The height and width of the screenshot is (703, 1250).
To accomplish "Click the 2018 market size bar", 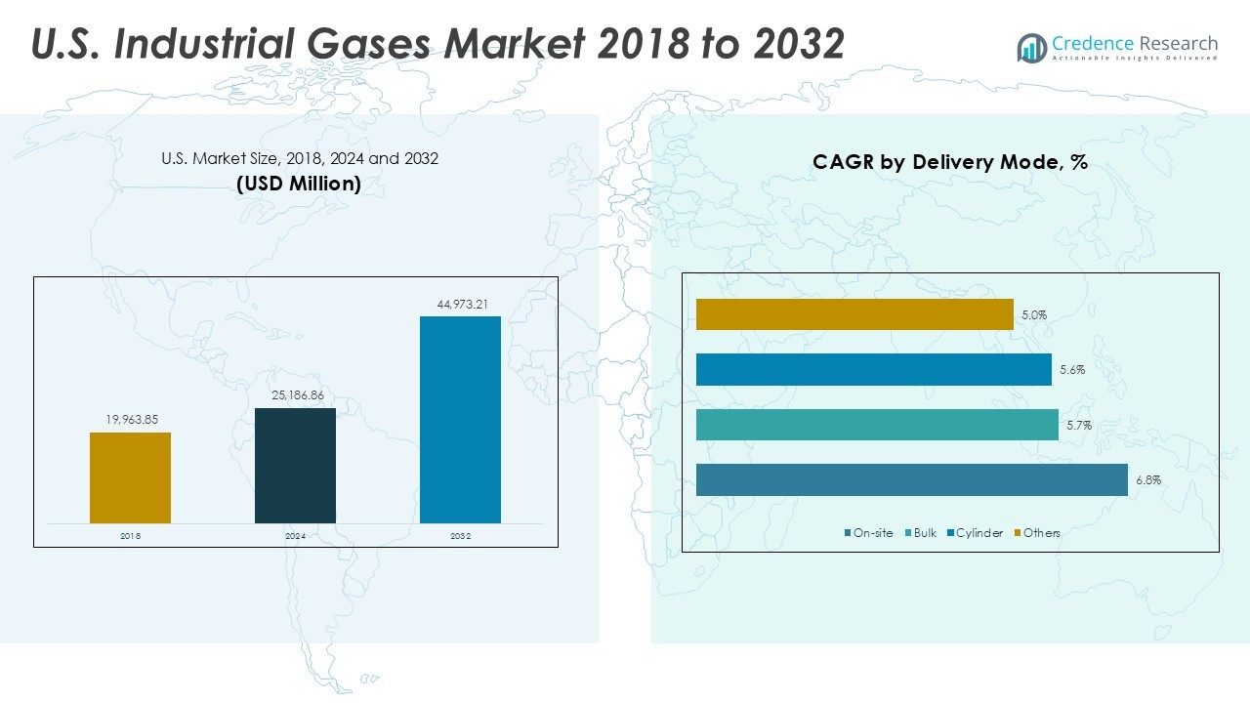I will pyautogui.click(x=130, y=477).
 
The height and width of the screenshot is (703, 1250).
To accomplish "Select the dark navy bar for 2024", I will pyautogui.click(x=295, y=465).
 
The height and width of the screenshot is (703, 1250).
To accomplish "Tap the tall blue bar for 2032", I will pyautogui.click(x=460, y=420).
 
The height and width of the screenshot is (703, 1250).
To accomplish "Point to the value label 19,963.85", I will pyautogui.click(x=132, y=420).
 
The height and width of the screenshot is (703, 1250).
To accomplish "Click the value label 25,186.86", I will pyautogui.click(x=296, y=395).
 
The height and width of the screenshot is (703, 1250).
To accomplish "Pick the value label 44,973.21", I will pyautogui.click(x=462, y=305).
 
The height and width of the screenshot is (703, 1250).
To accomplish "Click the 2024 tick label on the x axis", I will pyautogui.click(x=296, y=536).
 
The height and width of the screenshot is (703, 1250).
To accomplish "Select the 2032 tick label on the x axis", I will pyautogui.click(x=461, y=536).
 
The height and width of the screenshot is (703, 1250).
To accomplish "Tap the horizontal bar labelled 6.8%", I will pyautogui.click(x=911, y=480).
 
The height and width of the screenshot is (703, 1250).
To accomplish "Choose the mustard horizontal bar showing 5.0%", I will pyautogui.click(x=854, y=314).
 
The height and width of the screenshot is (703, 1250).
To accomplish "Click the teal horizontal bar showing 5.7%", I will pyautogui.click(x=877, y=425).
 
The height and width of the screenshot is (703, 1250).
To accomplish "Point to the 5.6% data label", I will pyautogui.click(x=1071, y=370).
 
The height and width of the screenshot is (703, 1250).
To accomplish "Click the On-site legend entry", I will pyautogui.click(x=868, y=532).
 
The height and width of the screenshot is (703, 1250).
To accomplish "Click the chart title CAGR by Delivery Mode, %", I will pyautogui.click(x=949, y=163).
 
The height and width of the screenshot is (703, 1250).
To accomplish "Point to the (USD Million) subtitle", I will pyautogui.click(x=299, y=184).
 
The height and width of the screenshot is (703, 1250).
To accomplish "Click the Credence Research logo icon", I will pyautogui.click(x=1031, y=48).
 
